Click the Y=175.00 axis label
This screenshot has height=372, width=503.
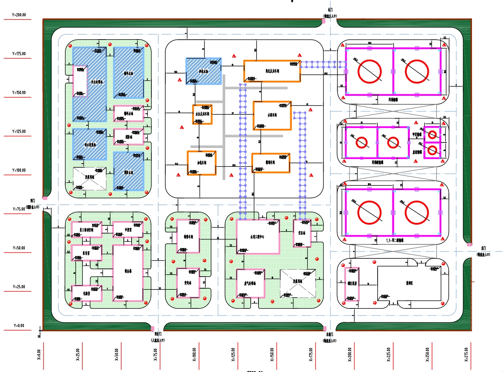click(19, 54)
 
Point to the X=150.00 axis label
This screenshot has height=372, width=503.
click(272, 354)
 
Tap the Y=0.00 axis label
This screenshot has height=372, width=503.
click(19, 326)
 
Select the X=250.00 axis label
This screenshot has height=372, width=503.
click(427, 354)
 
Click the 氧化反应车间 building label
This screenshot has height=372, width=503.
click(272, 71)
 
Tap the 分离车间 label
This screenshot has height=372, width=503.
click(272, 115)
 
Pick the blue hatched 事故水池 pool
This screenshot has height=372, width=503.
click(203, 71)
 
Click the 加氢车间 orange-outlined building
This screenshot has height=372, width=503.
click(201, 163)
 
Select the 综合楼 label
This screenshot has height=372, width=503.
click(128, 271)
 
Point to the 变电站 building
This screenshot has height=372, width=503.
click(188, 283)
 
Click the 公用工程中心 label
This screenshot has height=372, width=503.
click(257, 237)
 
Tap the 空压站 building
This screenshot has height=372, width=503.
click(302, 234)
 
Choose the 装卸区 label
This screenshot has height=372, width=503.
click(409, 283)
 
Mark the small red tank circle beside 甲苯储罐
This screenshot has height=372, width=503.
click(432, 135)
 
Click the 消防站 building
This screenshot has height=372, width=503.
click(128, 137)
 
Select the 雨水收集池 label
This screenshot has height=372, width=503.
click(90, 145)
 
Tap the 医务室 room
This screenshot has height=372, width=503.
click(86, 253)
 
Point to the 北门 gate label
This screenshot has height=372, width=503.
click(330, 10)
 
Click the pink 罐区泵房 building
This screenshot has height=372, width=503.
click(352, 284)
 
